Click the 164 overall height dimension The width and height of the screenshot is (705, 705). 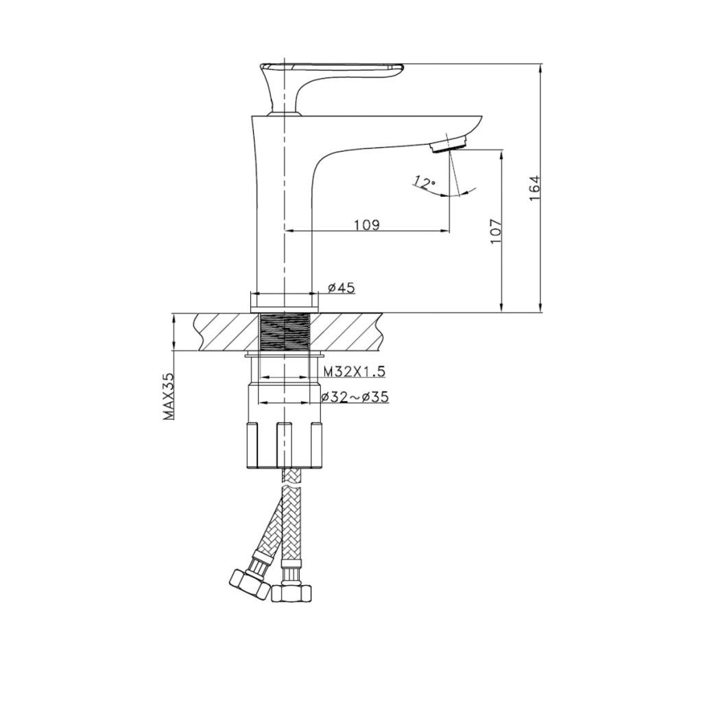pos(535,189)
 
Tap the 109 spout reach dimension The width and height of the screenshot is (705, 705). pos(366,225)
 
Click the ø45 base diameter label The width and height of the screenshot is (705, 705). pos(341,288)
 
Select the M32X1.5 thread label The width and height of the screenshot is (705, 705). pos(354,372)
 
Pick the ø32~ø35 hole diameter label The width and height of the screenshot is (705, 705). pos(355,396)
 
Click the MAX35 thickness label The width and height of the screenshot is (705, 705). pos(168,396)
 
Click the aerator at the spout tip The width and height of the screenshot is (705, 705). pos(448,144)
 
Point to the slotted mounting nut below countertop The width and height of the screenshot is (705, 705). pos(285,444)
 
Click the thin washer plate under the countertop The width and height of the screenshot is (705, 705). pos(285,355)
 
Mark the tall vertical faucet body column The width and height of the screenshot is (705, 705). pos(284,206)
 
